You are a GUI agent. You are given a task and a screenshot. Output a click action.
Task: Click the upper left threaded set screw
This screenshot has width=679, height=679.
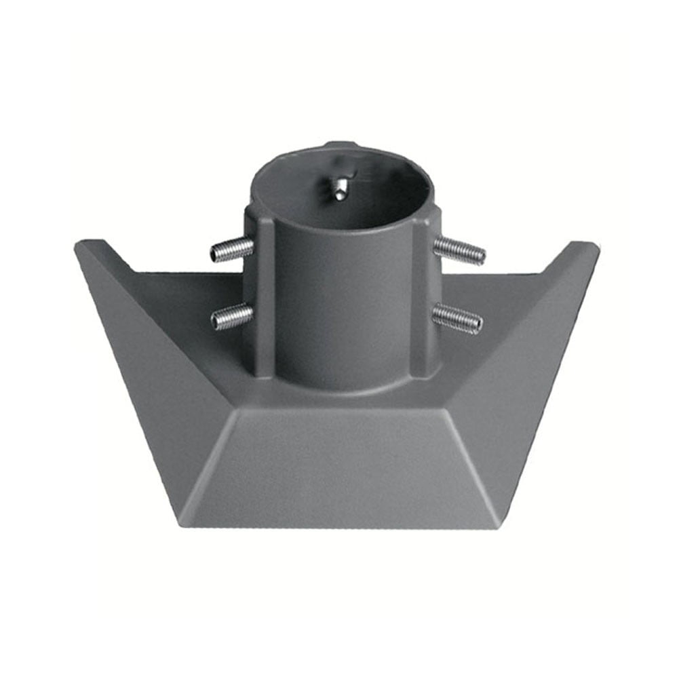point(231,250)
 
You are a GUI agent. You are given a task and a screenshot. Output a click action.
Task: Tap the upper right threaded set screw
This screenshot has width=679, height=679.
point(460,250)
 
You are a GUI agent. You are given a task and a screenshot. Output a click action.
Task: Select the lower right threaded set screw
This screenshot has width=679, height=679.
point(458,317)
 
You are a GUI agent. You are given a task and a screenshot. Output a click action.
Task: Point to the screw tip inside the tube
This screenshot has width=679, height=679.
point(338,191)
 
